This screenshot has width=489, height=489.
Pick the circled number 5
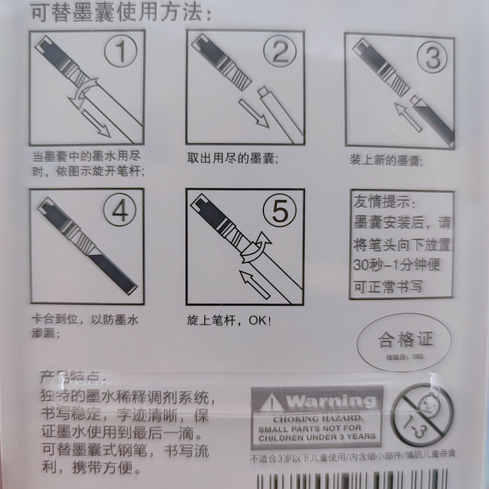pos(279,213)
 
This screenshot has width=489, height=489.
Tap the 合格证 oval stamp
pos(404,339)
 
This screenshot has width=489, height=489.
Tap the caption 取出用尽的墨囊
pos(233,160)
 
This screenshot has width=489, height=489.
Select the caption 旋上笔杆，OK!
pos(229,320)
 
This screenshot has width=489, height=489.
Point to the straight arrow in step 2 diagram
pos(253,112)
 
